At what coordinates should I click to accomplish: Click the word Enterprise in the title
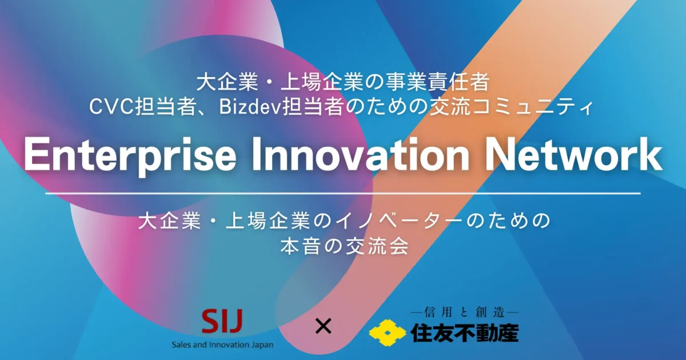point(130,155)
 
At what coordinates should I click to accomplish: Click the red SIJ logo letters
point(222,321)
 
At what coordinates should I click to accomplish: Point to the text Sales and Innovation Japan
point(222,345)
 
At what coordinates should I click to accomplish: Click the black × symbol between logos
point(324,326)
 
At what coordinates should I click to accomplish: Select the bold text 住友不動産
point(464,333)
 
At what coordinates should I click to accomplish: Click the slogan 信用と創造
point(464,313)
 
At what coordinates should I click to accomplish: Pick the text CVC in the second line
point(111,107)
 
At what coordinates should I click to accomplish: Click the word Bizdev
point(250,107)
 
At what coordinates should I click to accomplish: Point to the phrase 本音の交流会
point(345,246)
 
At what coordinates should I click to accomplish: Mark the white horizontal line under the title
point(343,194)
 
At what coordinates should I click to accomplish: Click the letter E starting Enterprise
point(37,154)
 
